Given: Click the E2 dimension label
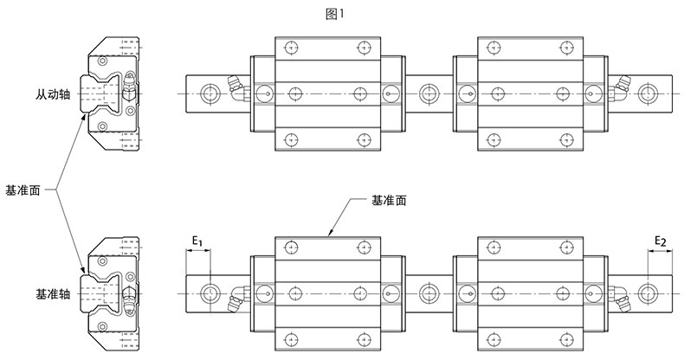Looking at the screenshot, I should [x=659, y=240].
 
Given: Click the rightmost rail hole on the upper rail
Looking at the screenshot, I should [x=648, y=92].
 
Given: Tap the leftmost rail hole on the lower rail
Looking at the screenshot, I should [x=210, y=294].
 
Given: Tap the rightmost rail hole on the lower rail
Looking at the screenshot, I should [x=648, y=294].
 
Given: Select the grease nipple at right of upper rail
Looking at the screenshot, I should [x=620, y=83].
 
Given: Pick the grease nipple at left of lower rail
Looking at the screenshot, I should [x=236, y=300].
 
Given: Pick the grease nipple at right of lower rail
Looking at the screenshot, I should [x=621, y=300].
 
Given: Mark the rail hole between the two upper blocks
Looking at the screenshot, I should [x=428, y=92].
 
